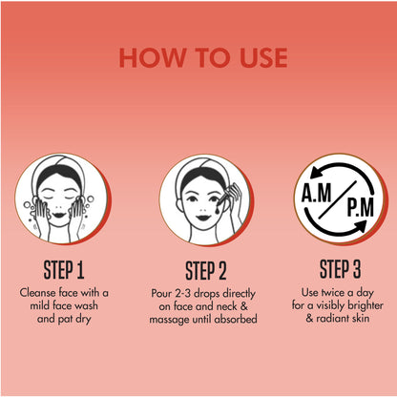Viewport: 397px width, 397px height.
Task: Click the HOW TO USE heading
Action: pos(203,57)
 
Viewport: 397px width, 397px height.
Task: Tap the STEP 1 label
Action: pos(64,270)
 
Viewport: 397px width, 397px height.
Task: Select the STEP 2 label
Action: pos(206,271)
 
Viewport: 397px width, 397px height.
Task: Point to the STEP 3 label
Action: pos(340,269)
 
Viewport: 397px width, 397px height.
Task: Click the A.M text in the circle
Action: pos(317,193)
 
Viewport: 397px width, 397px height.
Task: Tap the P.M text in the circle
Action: pos(360,207)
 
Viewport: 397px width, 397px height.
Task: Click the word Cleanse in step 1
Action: pos(37,292)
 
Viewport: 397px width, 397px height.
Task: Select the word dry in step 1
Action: pos(83,319)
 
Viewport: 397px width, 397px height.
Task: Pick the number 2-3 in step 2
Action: pos(181,293)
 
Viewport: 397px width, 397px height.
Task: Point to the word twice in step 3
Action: pos(333,292)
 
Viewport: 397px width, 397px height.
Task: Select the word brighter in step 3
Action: pos(366,305)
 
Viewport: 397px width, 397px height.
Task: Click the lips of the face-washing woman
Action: pos(59,215)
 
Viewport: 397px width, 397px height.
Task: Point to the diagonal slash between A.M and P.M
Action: pos(338,199)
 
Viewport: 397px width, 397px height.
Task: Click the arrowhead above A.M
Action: pos(316,173)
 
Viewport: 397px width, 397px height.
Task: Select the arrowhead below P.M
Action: pos(361,227)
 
